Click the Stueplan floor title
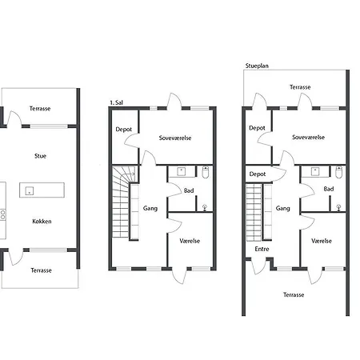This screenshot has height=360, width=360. click(x=257, y=66)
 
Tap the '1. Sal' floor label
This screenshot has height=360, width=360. click(x=117, y=102)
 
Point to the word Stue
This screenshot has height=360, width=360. click(x=40, y=156)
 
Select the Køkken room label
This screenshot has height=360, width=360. click(x=42, y=222)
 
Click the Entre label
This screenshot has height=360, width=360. click(x=262, y=249)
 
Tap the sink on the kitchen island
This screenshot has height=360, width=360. click(x=30, y=190)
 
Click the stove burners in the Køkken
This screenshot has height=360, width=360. click(x=3, y=214)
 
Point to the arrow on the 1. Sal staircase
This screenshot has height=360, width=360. click(x=130, y=174)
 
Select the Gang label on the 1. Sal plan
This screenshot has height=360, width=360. click(x=150, y=208)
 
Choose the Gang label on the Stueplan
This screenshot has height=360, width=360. click(x=282, y=208)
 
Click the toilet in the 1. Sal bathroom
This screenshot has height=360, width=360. click(x=206, y=172)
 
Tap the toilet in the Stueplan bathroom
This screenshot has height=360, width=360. click(x=338, y=172)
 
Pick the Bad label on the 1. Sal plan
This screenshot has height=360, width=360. click(x=189, y=190)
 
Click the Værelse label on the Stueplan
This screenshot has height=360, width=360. click(x=322, y=241)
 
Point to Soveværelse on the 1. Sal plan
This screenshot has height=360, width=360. click(x=175, y=138)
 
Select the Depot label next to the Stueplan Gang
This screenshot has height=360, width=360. click(x=258, y=174)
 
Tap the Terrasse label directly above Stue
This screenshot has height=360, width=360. click(x=40, y=109)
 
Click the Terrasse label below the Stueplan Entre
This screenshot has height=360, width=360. click(x=294, y=294)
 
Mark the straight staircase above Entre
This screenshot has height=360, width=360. click(x=254, y=212)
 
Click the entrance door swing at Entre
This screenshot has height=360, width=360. click(x=258, y=266)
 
